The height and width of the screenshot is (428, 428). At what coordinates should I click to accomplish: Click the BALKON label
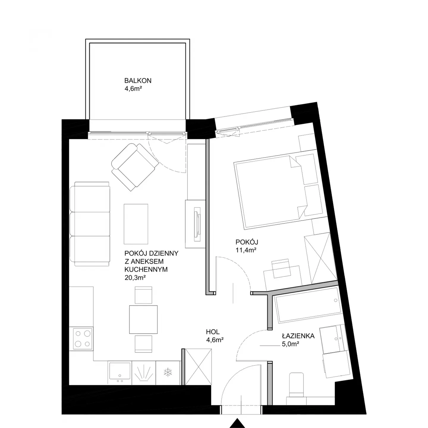point(138,81)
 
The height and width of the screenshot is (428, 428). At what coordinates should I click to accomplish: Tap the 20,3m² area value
point(135,277)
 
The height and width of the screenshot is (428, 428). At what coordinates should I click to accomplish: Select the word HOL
point(213,332)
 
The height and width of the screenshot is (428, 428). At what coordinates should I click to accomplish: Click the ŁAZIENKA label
point(298,336)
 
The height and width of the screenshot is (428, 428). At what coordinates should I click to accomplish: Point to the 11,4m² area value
point(246,250)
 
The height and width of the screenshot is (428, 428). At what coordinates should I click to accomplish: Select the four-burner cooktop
point(81,339)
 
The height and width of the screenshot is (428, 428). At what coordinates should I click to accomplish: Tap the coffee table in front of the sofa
point(136,224)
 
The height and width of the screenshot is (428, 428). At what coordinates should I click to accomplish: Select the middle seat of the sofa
point(90,224)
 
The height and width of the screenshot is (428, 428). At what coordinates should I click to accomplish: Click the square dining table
point(143,320)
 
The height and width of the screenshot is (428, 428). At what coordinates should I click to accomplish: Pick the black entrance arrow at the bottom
point(237,423)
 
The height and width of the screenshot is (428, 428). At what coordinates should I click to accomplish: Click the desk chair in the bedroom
point(281,268)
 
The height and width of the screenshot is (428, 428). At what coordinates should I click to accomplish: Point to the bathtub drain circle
point(335,300)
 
